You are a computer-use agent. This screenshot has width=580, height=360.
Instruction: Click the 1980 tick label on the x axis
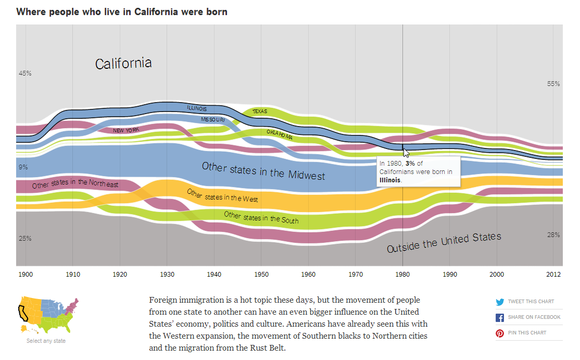coord(402,274)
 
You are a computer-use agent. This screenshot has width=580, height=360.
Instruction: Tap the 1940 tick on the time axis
coord(213,274)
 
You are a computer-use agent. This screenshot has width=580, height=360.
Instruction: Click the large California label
coord(123,64)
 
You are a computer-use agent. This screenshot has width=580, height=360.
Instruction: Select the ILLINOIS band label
coord(197,108)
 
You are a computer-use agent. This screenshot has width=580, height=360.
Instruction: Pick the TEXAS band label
coord(260,111)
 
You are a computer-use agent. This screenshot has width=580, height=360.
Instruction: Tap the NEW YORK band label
coord(126,130)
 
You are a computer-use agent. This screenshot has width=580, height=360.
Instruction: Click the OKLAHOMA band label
coord(280,134)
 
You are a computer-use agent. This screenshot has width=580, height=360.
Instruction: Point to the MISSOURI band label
coord(213,119)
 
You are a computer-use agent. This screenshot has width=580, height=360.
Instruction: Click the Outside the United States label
coord(444,243)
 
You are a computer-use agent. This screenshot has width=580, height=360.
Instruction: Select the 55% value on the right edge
coord(553,83)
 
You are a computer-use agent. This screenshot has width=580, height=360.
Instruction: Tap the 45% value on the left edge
coord(25,73)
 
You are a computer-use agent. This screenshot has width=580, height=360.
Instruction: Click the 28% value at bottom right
coord(553,235)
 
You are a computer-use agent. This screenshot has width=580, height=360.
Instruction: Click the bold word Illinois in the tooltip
coord(390,179)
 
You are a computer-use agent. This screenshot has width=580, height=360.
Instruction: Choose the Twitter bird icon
coord(500,302)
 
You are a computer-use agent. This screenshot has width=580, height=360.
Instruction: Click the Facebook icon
coord(500,317)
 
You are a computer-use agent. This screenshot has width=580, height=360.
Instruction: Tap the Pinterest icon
coord(500,333)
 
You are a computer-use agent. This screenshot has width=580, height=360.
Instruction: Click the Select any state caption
coord(46,341)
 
